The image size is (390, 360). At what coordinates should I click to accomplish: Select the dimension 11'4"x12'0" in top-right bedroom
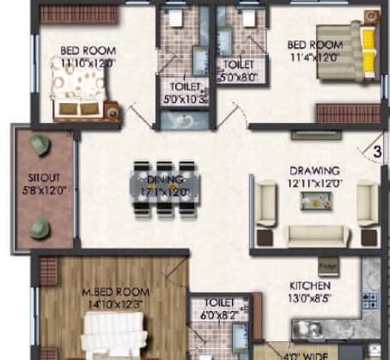[314, 58]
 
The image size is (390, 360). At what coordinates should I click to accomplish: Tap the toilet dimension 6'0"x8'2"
[210, 315]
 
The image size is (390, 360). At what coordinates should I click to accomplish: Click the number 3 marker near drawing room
[376, 154]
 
